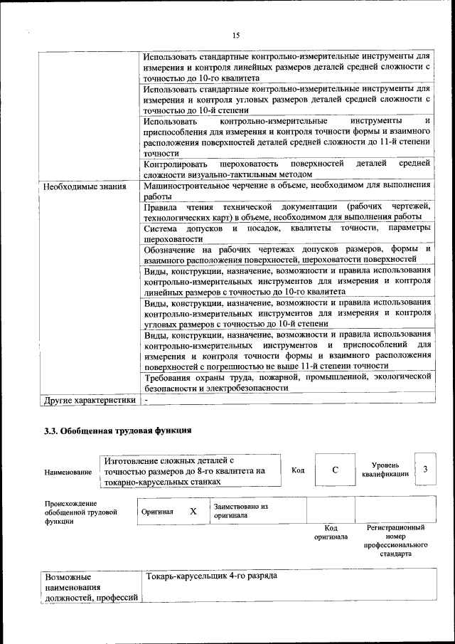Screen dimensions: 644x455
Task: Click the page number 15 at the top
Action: pyautogui.click(x=236, y=36)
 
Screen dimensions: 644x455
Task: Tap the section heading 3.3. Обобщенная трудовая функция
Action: pyautogui.click(x=117, y=431)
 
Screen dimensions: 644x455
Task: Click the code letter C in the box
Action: pyautogui.click(x=335, y=470)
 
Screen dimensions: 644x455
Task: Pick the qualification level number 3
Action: pyautogui.click(x=424, y=470)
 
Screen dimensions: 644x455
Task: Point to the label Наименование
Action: pyautogui.click(x=68, y=472)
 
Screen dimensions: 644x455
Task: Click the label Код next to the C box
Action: pyautogui.click(x=298, y=470)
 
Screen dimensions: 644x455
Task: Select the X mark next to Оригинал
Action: pyautogui.click(x=193, y=511)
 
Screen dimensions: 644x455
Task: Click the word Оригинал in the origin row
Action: pyautogui.click(x=157, y=512)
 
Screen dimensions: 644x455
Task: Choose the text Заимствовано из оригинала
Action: pyautogui.click(x=240, y=511)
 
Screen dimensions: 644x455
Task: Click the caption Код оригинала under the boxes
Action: pyautogui.click(x=331, y=532)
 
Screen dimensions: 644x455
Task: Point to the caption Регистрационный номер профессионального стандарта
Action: pyautogui.click(x=395, y=541)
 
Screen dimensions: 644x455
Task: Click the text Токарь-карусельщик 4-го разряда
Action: pyautogui.click(x=211, y=576)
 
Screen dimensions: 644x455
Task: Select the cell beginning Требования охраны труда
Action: pyautogui.click(x=287, y=382)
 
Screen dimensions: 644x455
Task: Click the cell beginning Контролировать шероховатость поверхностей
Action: pyautogui.click(x=287, y=169)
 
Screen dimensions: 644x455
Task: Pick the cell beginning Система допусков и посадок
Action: pyautogui.click(x=287, y=233)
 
